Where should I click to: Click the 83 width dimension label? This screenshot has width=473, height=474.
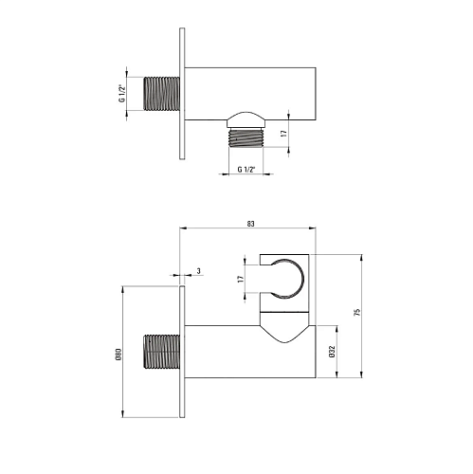[x=250, y=224]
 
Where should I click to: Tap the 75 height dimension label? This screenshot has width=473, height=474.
[x=357, y=313]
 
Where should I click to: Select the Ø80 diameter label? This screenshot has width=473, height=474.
[x=118, y=355]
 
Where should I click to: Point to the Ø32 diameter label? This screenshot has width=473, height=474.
[x=332, y=352]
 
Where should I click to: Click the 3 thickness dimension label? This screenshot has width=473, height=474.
[x=198, y=271]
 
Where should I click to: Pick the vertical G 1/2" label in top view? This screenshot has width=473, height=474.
[x=121, y=93]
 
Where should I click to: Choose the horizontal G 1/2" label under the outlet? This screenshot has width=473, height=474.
[x=246, y=170]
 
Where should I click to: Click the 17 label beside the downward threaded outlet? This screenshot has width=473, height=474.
[x=284, y=133]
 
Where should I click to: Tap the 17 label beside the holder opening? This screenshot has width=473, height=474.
[x=241, y=279]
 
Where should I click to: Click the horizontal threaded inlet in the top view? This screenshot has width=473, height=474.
[x=162, y=94]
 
